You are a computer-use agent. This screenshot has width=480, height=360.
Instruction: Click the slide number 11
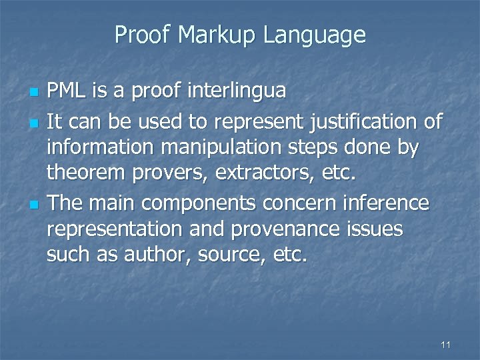click(446, 345)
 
